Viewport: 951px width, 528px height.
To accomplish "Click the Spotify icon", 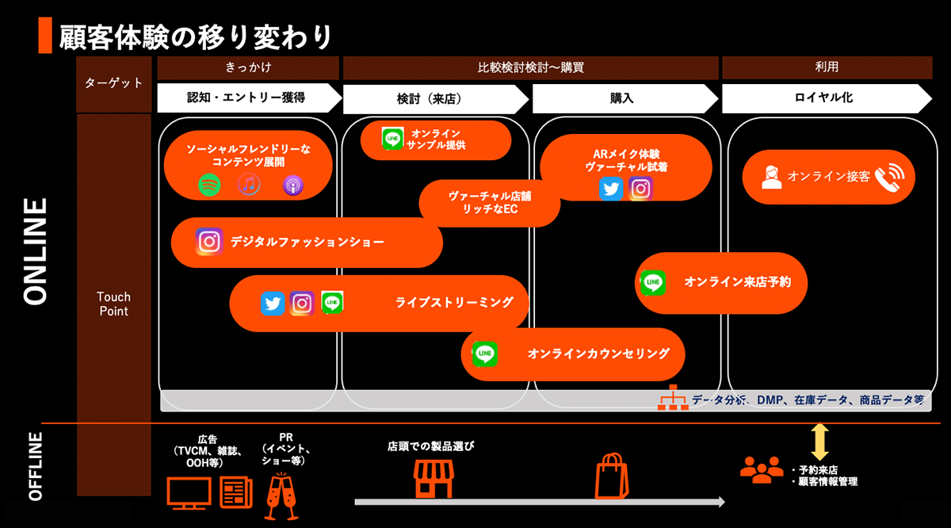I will click(x=209, y=186).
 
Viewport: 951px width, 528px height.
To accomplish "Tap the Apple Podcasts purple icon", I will click(x=293, y=186).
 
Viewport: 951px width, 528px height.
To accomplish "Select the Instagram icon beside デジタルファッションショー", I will click(x=208, y=241).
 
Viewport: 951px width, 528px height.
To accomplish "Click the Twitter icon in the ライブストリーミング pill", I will click(x=273, y=303).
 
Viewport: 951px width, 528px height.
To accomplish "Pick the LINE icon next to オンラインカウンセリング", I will click(x=484, y=354).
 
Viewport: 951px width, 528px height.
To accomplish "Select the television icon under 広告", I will click(x=189, y=492).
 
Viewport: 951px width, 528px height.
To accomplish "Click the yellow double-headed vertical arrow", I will click(x=819, y=441).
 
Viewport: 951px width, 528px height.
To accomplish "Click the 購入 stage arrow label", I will click(x=622, y=99).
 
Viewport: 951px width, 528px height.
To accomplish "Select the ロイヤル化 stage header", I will click(x=824, y=98).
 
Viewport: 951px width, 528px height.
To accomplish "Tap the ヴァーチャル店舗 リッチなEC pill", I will click(x=490, y=203).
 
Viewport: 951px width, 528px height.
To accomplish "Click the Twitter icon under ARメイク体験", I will click(x=611, y=189).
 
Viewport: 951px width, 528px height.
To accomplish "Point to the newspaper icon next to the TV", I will click(x=235, y=492).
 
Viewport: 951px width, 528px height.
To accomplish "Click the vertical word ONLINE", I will click(x=36, y=251).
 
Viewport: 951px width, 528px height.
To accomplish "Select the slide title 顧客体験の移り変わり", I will click(x=195, y=36).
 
